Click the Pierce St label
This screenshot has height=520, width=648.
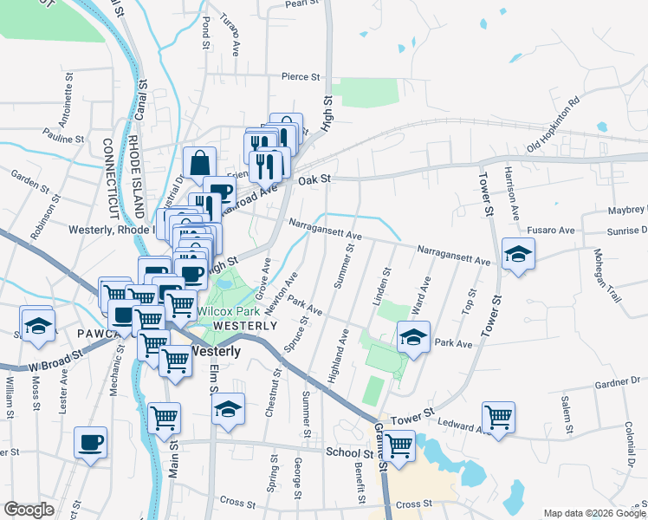pyautogui.click(x=301, y=77)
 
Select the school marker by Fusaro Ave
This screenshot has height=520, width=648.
pyautogui.click(x=518, y=254)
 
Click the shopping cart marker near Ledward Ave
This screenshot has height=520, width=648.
pyautogui.click(x=499, y=418)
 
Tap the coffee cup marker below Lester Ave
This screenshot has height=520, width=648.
pyautogui.click(x=90, y=443)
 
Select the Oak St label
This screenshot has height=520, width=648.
pyautogui.click(x=314, y=179)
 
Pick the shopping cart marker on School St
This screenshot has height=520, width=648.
pyautogui.click(x=399, y=446)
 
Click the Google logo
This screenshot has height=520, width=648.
pyautogui.click(x=29, y=510)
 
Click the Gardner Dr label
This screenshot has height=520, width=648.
pyautogui.click(x=616, y=382)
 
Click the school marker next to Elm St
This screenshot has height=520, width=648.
pyautogui.click(x=228, y=409)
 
